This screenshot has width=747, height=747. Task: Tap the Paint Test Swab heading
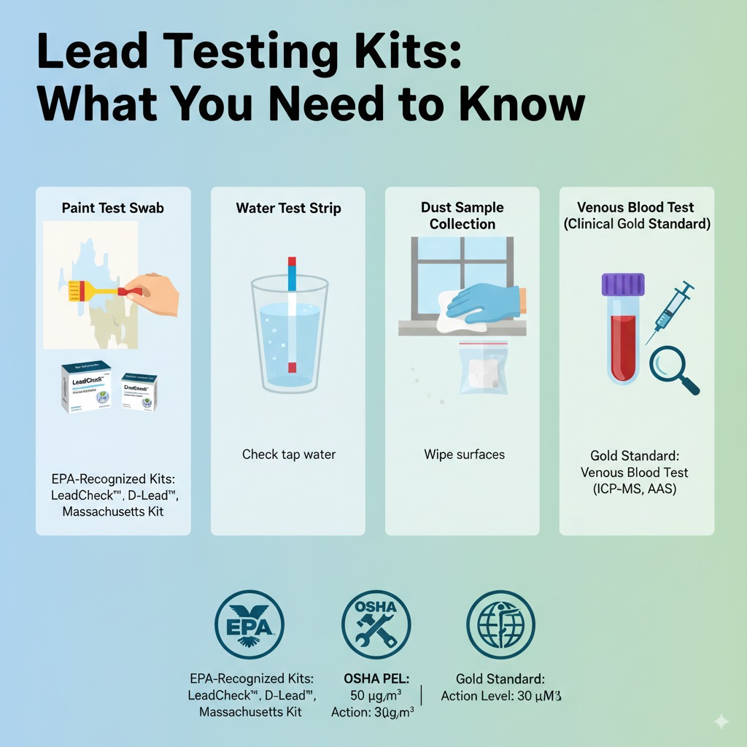pyautogui.click(x=113, y=208)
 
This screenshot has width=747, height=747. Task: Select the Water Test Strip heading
pyautogui.click(x=287, y=208)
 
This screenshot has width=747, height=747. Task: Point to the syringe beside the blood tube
pyautogui.click(x=670, y=312)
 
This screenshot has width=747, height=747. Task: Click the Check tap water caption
pyautogui.click(x=289, y=454)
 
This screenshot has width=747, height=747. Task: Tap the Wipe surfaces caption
pyautogui.click(x=464, y=454)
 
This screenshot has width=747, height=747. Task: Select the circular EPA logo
pyautogui.click(x=249, y=625)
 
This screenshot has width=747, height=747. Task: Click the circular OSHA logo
pyautogui.click(x=376, y=625)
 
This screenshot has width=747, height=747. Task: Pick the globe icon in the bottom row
pyautogui.click(x=500, y=625)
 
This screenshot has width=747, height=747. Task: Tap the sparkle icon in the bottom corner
pyautogui.click(x=721, y=721)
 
